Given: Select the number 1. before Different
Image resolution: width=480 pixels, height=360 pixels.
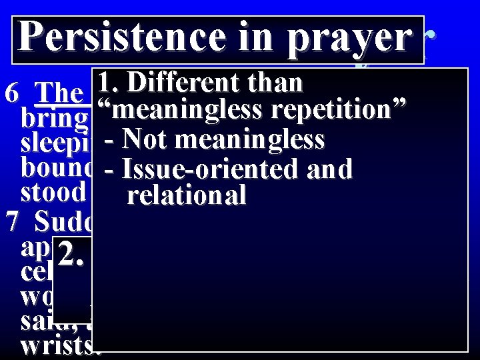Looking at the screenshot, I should [109, 83].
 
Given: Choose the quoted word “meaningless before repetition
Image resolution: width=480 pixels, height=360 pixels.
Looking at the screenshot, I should [166, 109].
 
